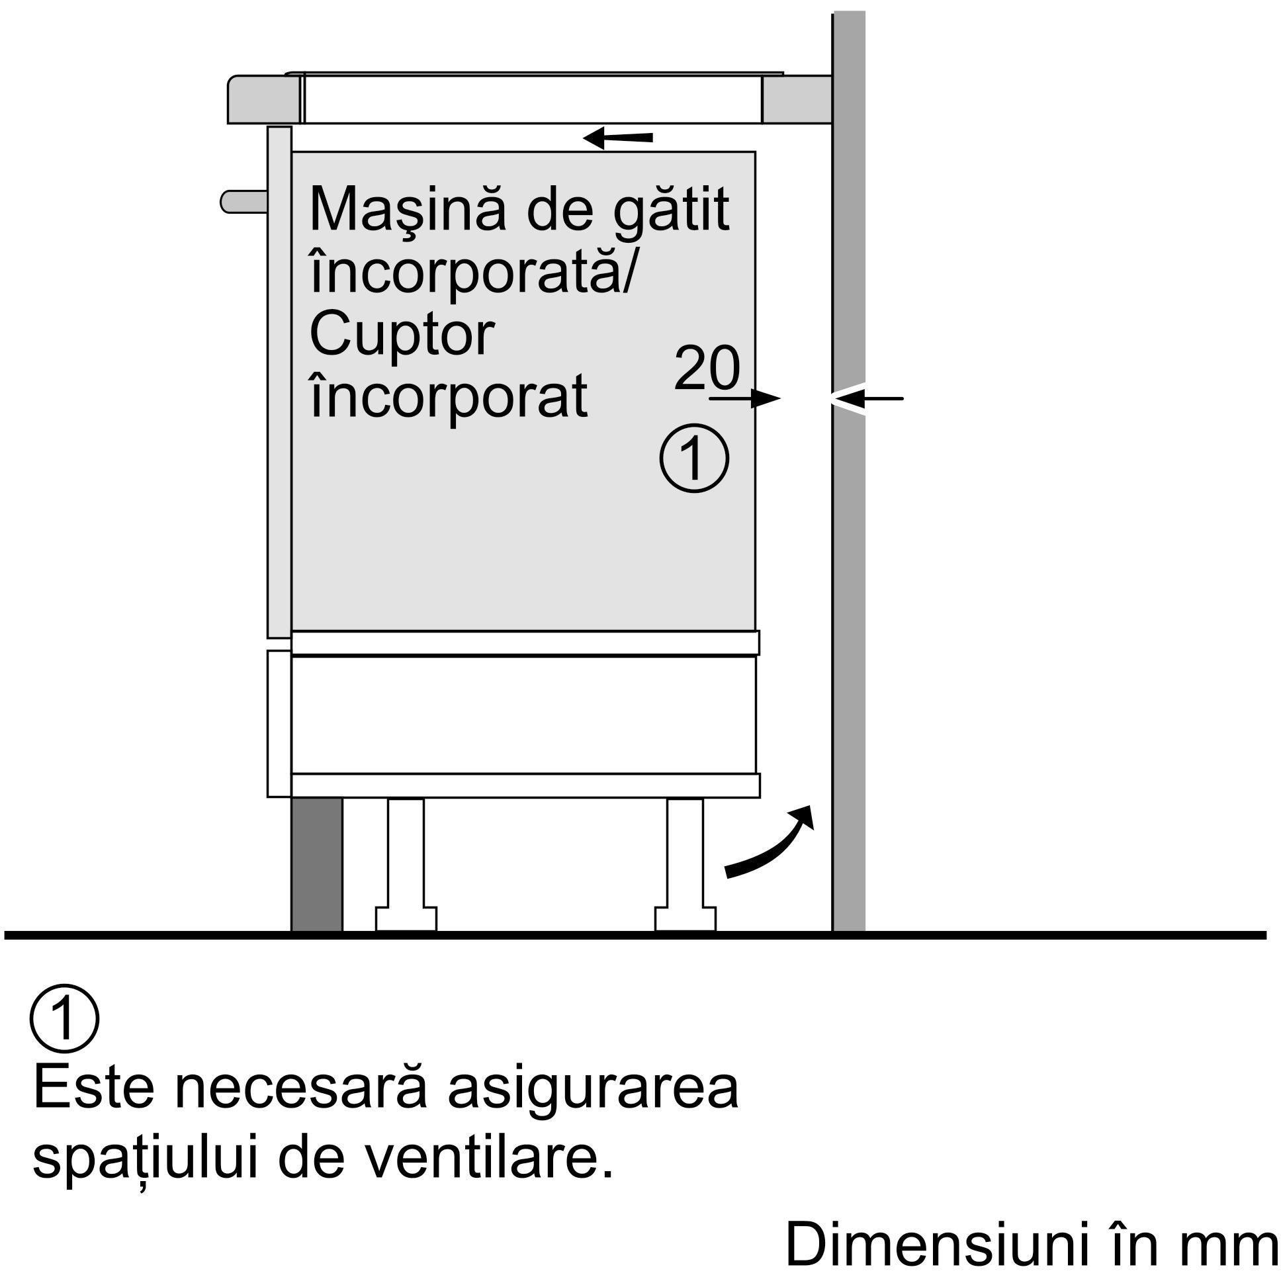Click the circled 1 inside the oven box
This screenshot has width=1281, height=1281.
(x=694, y=458)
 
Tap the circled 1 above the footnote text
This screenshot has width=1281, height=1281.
(x=64, y=1018)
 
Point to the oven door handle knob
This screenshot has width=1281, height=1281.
(x=244, y=202)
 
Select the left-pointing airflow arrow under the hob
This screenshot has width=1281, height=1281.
(x=617, y=138)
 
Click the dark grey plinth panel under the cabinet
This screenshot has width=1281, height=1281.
(x=317, y=865)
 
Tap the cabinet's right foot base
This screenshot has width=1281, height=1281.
(x=685, y=918)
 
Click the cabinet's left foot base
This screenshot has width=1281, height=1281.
(x=406, y=918)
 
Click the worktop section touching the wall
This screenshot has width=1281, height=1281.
(x=797, y=99)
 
